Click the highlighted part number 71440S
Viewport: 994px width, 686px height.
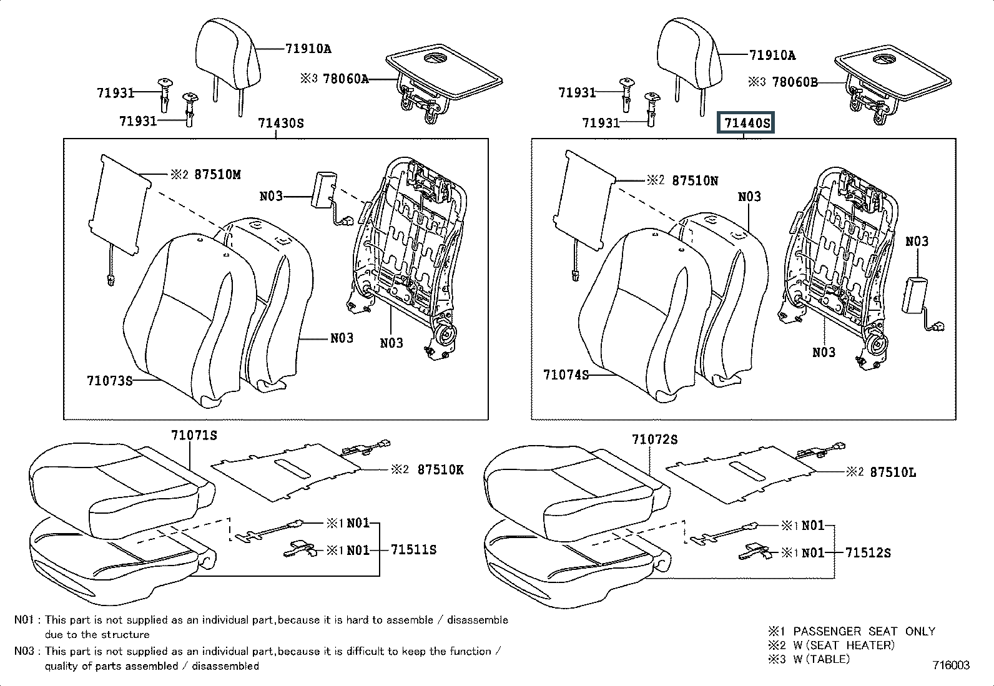coord(747,123)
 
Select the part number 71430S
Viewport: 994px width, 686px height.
coord(280,123)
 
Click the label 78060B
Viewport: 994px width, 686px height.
coord(795,82)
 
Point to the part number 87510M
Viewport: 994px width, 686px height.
coord(217,175)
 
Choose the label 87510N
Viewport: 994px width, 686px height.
coord(695,180)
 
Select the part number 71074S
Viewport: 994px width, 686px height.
coord(566,375)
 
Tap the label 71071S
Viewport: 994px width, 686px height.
coord(194,435)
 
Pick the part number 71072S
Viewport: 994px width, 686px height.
coord(654,439)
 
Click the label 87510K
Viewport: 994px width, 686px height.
coord(440,470)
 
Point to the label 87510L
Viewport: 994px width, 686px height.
coord(893,473)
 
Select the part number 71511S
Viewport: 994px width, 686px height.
coord(413,550)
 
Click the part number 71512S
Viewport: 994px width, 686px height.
coord(868,552)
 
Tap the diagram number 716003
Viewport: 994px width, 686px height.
coord(951,665)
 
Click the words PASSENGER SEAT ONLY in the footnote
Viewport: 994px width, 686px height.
coord(864,631)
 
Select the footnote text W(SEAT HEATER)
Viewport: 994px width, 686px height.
coord(844,645)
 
